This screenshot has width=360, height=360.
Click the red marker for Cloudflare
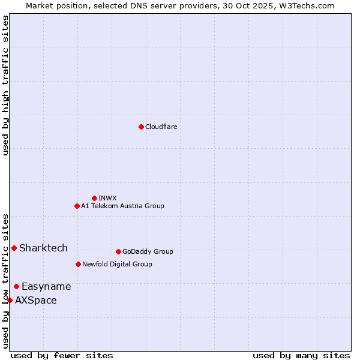coord(141,127)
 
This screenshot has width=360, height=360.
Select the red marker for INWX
coord(94,198)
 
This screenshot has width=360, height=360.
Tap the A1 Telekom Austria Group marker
coord(77,206)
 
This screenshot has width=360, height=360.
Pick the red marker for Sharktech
coord(14,248)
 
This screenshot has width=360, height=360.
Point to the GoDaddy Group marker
coord(118,251)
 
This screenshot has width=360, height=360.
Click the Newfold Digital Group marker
coord(78,264)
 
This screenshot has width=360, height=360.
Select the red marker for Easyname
coord(16,286)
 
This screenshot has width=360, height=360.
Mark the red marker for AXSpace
coord(10,300)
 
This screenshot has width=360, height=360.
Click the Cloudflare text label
coord(161,127)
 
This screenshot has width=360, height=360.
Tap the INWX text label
coord(107,198)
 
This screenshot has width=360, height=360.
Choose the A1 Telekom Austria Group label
coord(122,206)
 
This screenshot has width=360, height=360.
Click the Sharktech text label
coord(43,248)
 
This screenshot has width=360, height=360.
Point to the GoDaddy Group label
coord(148,251)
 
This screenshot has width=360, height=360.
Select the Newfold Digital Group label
coord(117,264)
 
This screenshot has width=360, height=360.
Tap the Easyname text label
coord(46,286)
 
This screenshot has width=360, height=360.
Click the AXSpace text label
coord(36,300)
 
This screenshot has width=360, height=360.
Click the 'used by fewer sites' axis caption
coord(62,355)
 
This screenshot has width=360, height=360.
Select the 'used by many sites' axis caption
coord(301,355)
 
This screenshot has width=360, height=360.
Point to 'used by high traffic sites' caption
coord(5,85)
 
